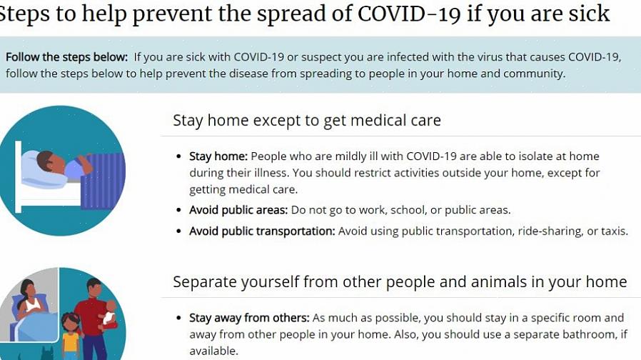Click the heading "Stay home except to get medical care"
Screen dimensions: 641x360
click(x=307, y=120)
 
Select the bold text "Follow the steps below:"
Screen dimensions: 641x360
click(x=66, y=57)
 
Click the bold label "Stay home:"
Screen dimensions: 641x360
click(x=218, y=156)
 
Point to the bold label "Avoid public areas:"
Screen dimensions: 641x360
click(x=238, y=210)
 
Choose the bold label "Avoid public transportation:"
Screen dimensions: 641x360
click(x=262, y=231)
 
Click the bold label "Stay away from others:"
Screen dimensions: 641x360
click(x=249, y=318)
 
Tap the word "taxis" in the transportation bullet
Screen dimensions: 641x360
click(x=614, y=231)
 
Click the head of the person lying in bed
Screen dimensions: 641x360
click(x=46, y=161)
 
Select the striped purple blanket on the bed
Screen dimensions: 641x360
click(x=103, y=181)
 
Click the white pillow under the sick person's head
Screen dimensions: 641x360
click(x=43, y=171)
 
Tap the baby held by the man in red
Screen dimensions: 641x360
click(x=108, y=313)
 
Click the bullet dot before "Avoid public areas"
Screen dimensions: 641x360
click(x=178, y=210)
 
